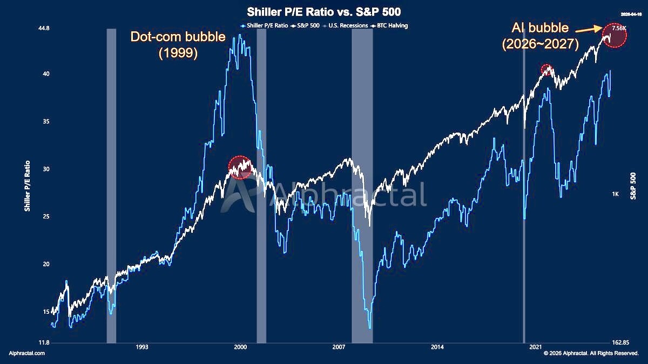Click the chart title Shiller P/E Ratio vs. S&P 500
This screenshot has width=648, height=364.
click(x=324, y=11)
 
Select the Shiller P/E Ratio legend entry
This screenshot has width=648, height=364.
click(x=262, y=25)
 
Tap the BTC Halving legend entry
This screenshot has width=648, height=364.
click(x=390, y=25)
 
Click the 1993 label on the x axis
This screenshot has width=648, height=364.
click(x=142, y=348)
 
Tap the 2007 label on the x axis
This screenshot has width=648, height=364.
click(x=339, y=348)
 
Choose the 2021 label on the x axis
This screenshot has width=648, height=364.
click(x=536, y=348)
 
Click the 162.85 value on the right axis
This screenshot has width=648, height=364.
click(x=620, y=342)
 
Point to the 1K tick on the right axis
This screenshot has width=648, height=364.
click(x=615, y=194)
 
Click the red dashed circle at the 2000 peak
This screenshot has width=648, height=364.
click(x=240, y=167)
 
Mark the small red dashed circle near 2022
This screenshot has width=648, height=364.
click(x=547, y=69)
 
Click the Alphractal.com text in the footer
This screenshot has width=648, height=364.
click(x=27, y=353)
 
